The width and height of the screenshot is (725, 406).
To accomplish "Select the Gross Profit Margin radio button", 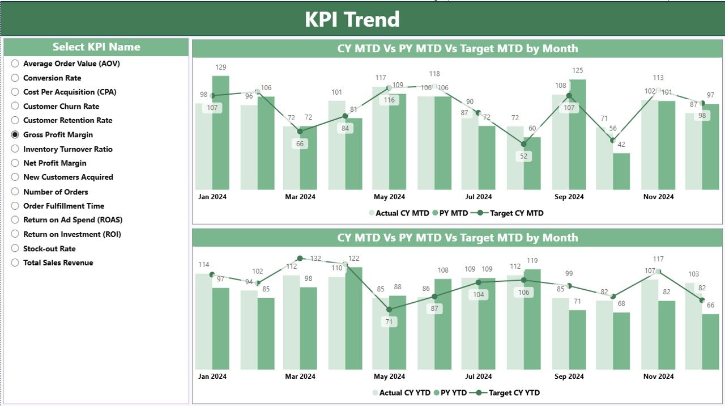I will point(15,135).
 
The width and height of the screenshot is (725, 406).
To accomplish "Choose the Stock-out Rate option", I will point(15,248).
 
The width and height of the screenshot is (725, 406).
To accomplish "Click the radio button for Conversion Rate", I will point(15,78).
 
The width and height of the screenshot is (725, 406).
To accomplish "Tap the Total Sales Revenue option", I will point(15,263).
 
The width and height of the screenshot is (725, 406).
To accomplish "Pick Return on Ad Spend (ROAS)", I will point(15,220).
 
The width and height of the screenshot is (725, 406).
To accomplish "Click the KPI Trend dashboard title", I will point(352,19).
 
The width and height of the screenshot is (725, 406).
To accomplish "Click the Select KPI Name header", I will point(96,47).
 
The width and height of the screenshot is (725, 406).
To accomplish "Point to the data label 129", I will point(220,67).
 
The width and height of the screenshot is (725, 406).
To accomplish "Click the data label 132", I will point(315,259).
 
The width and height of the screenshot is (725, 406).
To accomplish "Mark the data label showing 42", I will point(621,145).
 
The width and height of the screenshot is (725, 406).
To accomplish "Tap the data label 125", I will point(577,71).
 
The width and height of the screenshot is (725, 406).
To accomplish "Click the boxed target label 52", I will point(523,157).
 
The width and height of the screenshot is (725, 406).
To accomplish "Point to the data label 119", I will point(532,261).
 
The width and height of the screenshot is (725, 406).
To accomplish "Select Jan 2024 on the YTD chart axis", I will point(212,376).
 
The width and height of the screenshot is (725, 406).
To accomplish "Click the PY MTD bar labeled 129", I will point(221,133).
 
